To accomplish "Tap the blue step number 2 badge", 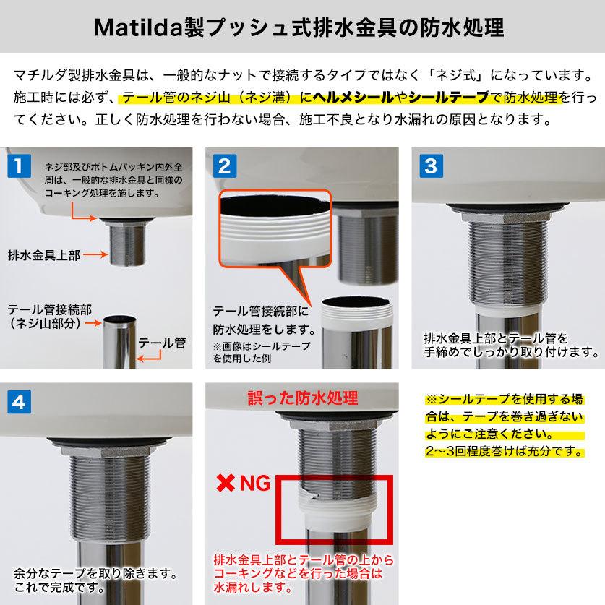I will click(224, 166).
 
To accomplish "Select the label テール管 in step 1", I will click(161, 343).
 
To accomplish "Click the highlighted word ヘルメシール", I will click(350, 97).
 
